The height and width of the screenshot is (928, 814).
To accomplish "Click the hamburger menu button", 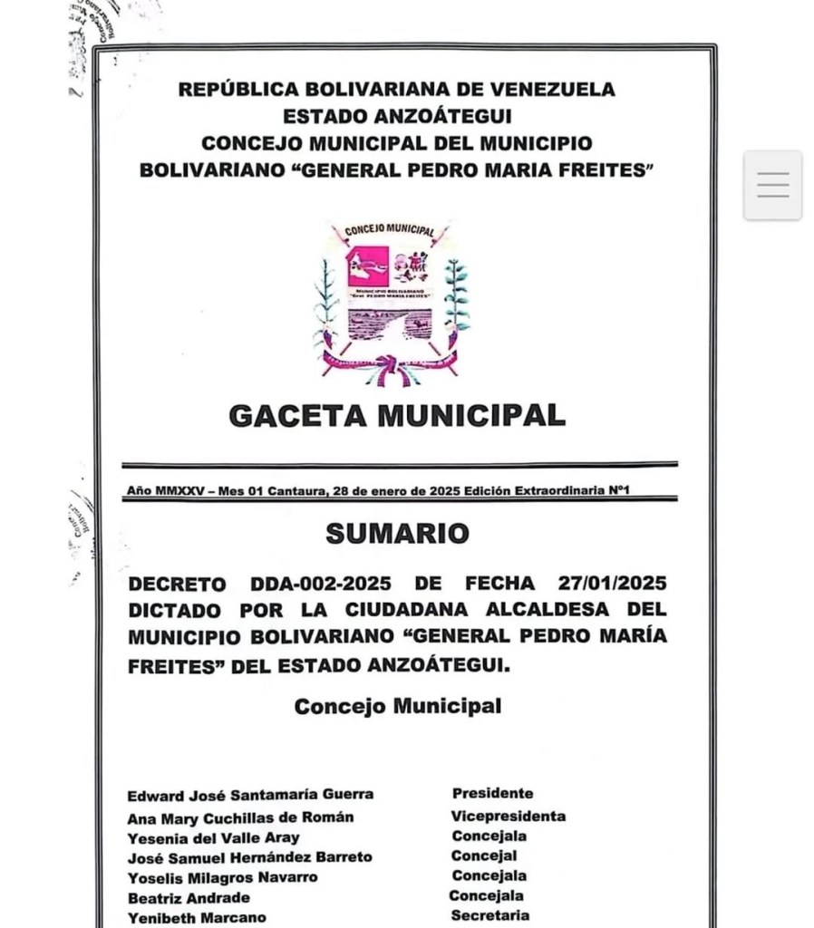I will pyautogui.click(x=772, y=185).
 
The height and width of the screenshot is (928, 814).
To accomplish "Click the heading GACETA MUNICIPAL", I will pyautogui.click(x=396, y=415).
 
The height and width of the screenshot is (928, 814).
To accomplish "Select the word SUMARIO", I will pyautogui.click(x=397, y=534).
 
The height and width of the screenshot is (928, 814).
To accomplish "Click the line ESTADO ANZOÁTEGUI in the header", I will pyautogui.click(x=397, y=116).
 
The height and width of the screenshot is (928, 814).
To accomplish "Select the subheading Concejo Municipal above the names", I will pyautogui.click(x=397, y=707).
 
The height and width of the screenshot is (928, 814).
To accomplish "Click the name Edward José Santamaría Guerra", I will pyautogui.click(x=249, y=795).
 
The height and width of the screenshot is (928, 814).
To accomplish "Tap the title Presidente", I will pyautogui.click(x=492, y=794).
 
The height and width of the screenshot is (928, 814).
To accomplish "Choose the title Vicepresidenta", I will pyautogui.click(x=508, y=816).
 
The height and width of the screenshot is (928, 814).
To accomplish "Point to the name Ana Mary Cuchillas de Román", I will pyautogui.click(x=240, y=817).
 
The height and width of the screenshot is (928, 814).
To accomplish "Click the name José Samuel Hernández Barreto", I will pyautogui.click(x=249, y=856).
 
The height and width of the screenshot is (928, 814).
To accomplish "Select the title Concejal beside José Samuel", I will pyautogui.click(x=484, y=855).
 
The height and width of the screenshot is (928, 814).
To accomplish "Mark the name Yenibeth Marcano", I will pyautogui.click(x=197, y=917).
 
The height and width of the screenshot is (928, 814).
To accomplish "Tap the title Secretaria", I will pyautogui.click(x=489, y=916).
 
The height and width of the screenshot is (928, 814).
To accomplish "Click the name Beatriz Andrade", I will pyautogui.click(x=189, y=897).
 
